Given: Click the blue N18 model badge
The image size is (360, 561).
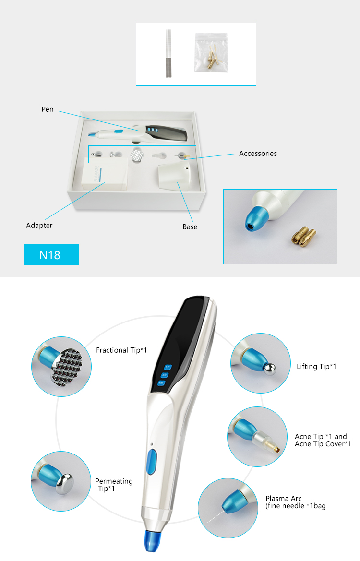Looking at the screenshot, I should [51, 255].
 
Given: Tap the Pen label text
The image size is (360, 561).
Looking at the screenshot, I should [47, 110].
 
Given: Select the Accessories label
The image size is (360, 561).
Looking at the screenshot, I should [258, 154].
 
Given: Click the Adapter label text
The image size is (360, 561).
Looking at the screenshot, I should [39, 225].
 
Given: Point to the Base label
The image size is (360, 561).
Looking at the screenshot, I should [190, 227].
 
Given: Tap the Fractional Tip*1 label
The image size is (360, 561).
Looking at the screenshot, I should [121, 350].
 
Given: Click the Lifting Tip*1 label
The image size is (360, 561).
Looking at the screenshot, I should [316, 367].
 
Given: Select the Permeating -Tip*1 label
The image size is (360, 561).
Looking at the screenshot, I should [114, 485].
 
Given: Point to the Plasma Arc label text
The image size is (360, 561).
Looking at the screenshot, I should [284, 498].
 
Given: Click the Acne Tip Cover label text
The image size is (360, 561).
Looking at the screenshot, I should [323, 444].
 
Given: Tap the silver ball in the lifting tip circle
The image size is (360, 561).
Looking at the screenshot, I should [270, 367].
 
